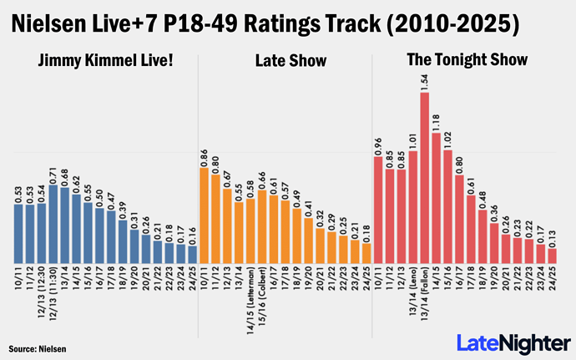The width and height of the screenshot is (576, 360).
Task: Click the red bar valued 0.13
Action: pos(551,255)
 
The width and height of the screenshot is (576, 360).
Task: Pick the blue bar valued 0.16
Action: pos(193,253)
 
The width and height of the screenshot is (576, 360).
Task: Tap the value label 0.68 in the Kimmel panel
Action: pos(65,176)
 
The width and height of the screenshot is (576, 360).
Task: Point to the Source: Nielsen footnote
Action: pos(38,347)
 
